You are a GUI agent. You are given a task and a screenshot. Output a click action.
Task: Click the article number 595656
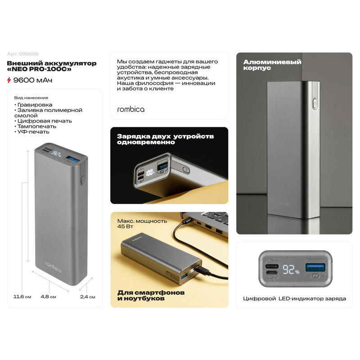pyautogui.click(x=29, y=54)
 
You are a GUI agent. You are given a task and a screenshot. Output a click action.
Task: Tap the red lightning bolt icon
pyautogui.click(x=9, y=80)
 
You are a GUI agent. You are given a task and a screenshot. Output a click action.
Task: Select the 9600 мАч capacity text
pyautogui.click(x=33, y=80)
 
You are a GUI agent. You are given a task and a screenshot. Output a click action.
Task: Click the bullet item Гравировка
pyautogui.click(x=33, y=105)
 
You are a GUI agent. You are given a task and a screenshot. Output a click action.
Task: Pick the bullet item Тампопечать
pyautogui.click(x=35, y=126)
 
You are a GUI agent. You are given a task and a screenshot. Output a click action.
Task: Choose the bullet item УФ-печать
pyautogui.click(x=31, y=132)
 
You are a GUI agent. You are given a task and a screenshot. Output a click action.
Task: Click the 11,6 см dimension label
pyautogui.click(x=22, y=297)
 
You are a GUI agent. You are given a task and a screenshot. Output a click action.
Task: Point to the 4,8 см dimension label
pyautogui.click(x=49, y=297)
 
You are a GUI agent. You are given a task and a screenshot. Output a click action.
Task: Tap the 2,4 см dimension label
pyautogui.click(x=87, y=297)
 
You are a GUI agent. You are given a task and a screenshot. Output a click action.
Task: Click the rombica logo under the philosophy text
pyautogui.click(x=131, y=109)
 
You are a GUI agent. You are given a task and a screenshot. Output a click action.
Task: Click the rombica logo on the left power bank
pyautogui.click(x=53, y=267)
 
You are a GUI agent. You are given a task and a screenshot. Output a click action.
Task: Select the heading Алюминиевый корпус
pyautogui.click(x=272, y=65)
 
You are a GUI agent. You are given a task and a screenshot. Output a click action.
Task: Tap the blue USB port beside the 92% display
pyautogui.click(x=315, y=268)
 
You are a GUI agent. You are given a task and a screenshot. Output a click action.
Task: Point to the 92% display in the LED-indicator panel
pyautogui.click(x=291, y=270)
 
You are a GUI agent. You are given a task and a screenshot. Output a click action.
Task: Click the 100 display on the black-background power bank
pyautogui.click(x=150, y=172)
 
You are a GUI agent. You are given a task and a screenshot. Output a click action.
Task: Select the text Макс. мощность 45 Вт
pyautogui.click(x=142, y=224)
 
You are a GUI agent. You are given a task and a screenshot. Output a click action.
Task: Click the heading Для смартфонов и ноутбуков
pyautogui.click(x=151, y=295)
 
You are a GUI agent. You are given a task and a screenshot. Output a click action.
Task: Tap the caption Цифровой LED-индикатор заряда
pyautogui.click(x=295, y=298)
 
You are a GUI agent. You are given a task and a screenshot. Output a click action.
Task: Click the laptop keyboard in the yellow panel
pyautogui.click(x=213, y=216)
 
